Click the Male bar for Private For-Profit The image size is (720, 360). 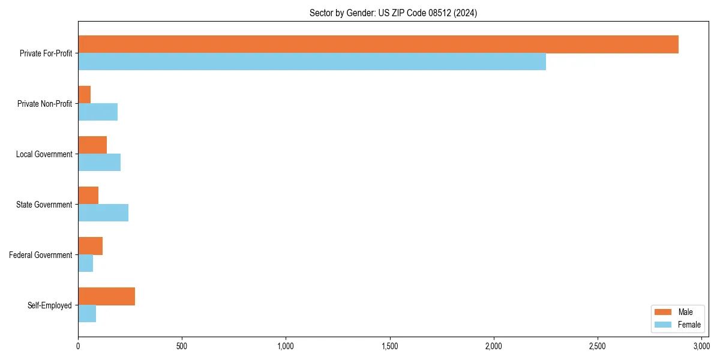(x=378, y=44)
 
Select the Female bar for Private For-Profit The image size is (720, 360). (x=312, y=62)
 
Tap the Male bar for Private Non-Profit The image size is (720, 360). (x=85, y=95)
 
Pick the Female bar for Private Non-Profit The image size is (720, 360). (x=98, y=112)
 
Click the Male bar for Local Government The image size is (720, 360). (x=92, y=145)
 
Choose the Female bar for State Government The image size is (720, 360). (x=103, y=213)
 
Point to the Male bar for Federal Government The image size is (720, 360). (x=90, y=246)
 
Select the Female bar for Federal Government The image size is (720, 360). (x=86, y=263)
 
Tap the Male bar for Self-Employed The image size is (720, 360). (x=106, y=296)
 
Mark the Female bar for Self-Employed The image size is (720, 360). (x=87, y=314)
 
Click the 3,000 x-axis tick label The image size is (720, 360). (x=701, y=346)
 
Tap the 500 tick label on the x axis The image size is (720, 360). (x=182, y=346)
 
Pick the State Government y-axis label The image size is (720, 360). (x=44, y=205)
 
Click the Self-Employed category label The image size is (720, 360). (x=50, y=305)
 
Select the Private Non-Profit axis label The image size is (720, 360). (x=44, y=104)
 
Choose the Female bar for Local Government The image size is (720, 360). (x=100, y=163)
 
